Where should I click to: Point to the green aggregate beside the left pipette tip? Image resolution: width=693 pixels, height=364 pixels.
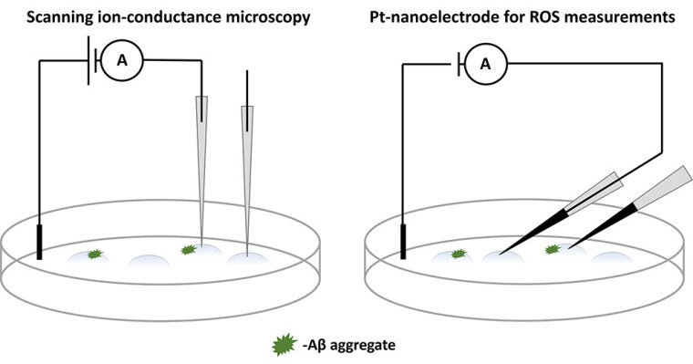click(189, 249)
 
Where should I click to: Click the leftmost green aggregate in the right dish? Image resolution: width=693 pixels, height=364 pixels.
click(459, 255)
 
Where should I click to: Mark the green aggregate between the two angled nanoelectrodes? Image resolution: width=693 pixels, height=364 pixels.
click(552, 249)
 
